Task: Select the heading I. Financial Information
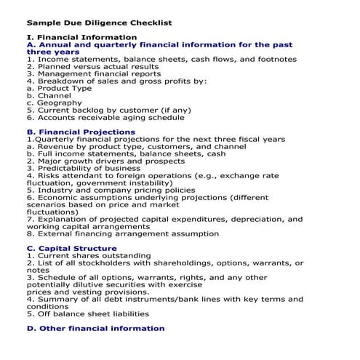pyautogui.click(x=81, y=36)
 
